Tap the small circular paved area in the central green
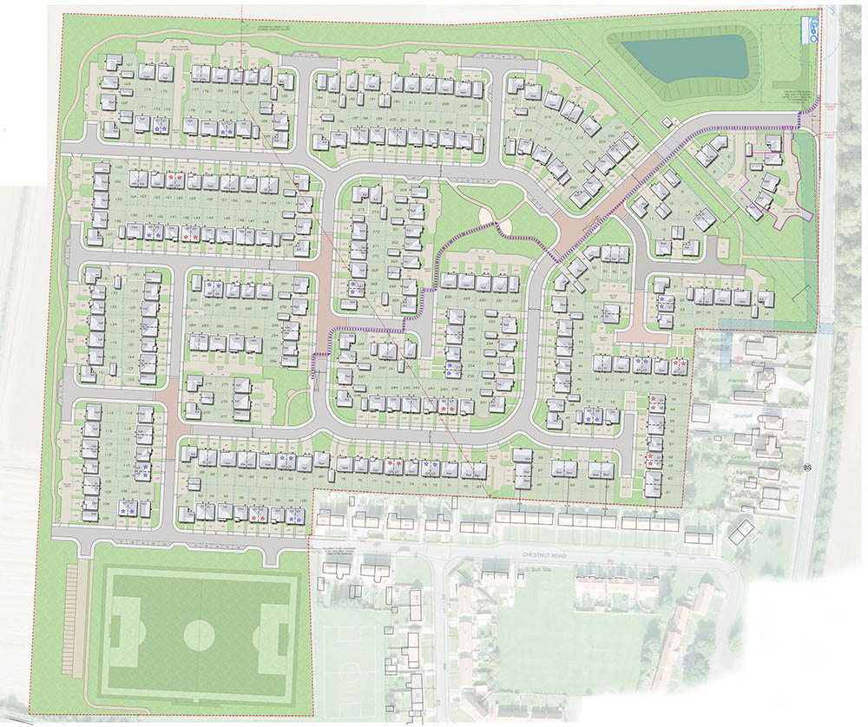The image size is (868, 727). [x=506, y=226]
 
